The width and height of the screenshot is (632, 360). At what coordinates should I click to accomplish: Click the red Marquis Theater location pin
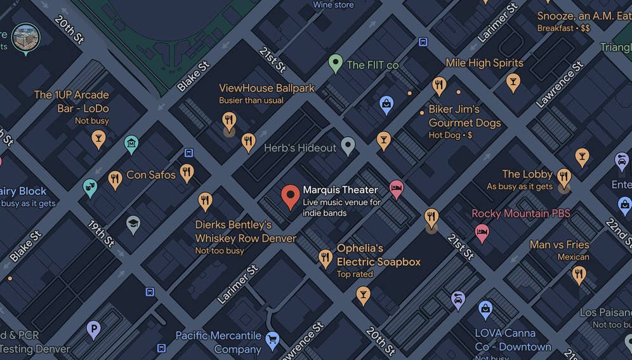tap(290, 196)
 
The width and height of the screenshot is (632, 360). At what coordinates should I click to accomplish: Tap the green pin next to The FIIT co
tap(335, 63)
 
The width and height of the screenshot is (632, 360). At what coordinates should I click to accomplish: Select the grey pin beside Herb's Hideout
tap(348, 146)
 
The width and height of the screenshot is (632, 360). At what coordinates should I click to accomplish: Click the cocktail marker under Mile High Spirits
tap(513, 81)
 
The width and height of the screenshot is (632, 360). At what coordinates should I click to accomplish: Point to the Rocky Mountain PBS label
tap(520, 213)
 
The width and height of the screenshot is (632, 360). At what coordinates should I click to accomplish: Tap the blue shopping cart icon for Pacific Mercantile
tap(273, 339)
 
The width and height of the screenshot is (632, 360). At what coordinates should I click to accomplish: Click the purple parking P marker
tap(93, 330)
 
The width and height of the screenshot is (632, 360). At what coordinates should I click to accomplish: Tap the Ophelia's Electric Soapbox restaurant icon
tap(326, 257)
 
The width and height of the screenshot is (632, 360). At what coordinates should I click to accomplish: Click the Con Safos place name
tap(151, 175)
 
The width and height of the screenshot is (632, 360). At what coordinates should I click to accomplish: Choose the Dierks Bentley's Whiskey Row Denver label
tap(245, 232)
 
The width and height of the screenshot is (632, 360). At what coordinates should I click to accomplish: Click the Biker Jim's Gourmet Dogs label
tap(464, 116)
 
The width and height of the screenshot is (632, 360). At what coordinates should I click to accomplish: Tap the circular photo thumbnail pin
tap(26, 37)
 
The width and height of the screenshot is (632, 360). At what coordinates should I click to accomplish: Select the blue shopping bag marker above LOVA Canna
tap(485, 309)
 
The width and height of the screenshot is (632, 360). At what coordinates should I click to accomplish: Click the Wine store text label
tap(333, 5)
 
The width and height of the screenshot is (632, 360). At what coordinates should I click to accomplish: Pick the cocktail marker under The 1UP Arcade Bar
tap(98, 138)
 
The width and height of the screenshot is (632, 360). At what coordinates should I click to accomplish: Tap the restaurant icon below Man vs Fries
tap(579, 274)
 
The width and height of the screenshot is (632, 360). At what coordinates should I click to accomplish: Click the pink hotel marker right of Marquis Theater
tap(397, 188)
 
